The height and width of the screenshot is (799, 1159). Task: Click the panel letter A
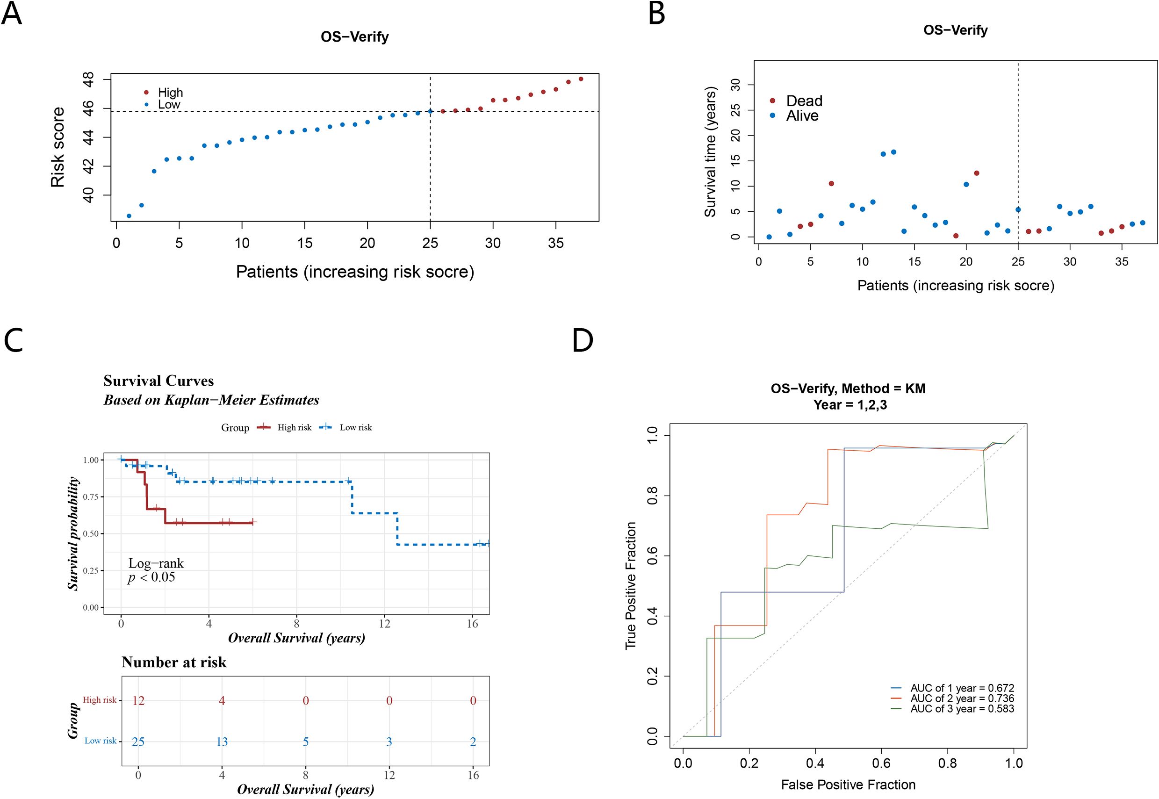12,14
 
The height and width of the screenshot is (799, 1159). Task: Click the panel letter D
583,340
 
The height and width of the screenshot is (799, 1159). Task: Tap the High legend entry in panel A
170,93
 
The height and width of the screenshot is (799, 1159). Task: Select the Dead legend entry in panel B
804,101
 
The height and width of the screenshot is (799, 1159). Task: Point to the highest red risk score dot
581,79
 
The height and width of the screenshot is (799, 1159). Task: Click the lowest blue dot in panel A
129,216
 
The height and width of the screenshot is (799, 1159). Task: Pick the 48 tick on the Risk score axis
89,79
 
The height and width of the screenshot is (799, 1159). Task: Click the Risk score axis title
58,147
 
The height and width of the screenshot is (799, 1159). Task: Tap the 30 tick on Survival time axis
736,85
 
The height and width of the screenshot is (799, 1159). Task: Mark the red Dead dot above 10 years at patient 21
976,173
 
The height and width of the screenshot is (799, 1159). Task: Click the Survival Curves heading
158,381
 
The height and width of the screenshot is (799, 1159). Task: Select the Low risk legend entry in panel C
355,427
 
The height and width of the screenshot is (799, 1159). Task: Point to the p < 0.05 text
151,577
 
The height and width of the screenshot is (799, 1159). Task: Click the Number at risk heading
174,662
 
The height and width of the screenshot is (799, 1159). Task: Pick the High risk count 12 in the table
138,700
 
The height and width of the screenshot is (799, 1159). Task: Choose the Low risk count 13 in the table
222,741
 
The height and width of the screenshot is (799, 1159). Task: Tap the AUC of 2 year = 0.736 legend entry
962,698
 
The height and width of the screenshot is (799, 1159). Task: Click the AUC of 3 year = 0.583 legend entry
962,709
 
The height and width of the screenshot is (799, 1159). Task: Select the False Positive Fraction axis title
848,785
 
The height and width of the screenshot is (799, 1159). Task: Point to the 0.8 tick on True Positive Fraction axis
652,496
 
